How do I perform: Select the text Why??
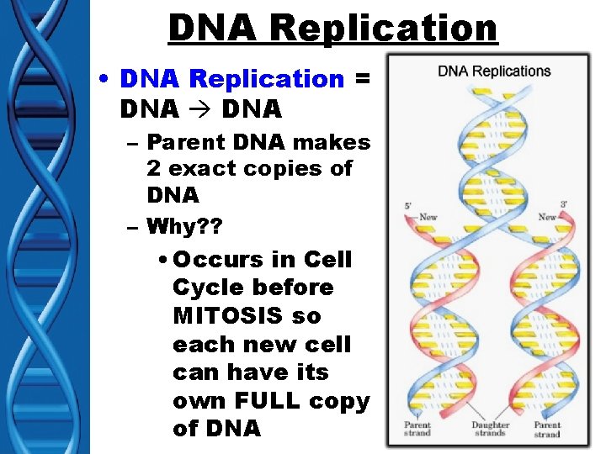click(x=182, y=225)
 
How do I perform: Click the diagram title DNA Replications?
click(x=494, y=71)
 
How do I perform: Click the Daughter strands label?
click(x=490, y=429)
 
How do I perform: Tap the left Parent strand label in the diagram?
click(x=417, y=429)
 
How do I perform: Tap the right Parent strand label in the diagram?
click(x=547, y=429)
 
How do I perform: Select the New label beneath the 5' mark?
click(x=428, y=217)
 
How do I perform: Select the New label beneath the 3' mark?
click(x=548, y=217)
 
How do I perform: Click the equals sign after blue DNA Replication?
click(x=363, y=79)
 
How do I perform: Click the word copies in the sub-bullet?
click(x=285, y=168)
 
